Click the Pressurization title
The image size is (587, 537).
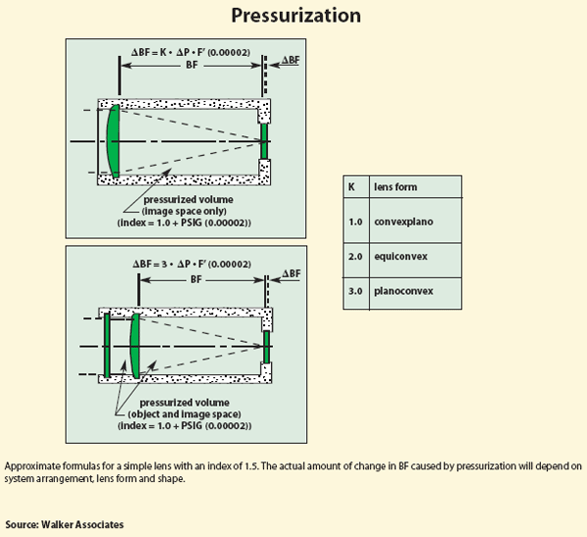pyautogui.click(x=295, y=16)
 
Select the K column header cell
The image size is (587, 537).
pyautogui.click(x=356, y=187)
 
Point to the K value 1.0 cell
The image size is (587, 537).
pyautogui.click(x=355, y=221)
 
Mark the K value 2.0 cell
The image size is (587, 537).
pyautogui.click(x=355, y=257)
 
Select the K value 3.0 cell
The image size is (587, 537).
pyautogui.click(x=355, y=291)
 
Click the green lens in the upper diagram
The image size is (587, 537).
pyautogui.click(x=113, y=141)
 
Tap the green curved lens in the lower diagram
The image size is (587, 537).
pyautogui.click(x=135, y=346)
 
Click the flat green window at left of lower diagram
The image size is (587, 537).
pyautogui.click(x=107, y=346)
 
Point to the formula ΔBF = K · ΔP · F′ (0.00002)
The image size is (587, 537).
pyautogui.click(x=191, y=52)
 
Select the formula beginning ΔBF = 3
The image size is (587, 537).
pyautogui.click(x=192, y=264)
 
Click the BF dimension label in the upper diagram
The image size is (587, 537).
pyautogui.click(x=192, y=65)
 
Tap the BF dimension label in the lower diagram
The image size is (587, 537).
pyautogui.click(x=197, y=279)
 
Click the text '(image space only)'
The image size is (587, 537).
pyautogui.click(x=184, y=211)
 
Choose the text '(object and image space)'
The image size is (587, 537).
pyautogui.click(x=185, y=414)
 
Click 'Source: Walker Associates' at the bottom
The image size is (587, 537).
pyautogui.click(x=65, y=524)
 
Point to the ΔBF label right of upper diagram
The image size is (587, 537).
pyautogui.click(x=291, y=60)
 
